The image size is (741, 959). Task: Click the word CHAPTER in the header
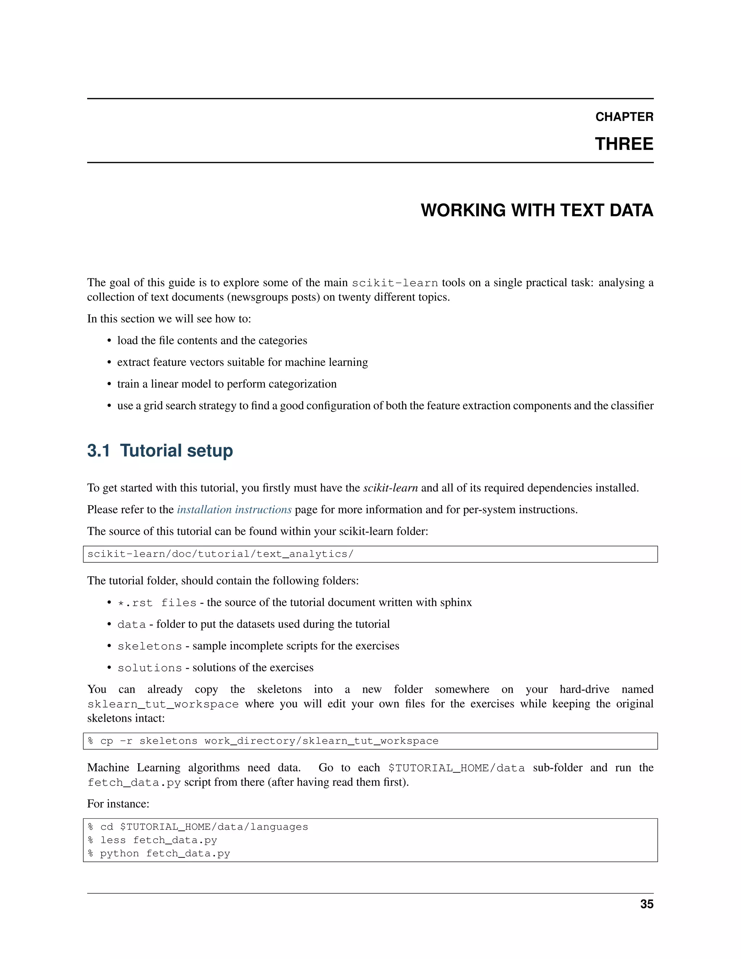(x=624, y=117)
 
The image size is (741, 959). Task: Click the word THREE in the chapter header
(x=624, y=144)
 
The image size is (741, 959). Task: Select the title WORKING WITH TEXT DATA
(x=537, y=210)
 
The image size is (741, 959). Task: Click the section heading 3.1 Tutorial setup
(x=160, y=451)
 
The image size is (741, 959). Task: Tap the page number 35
(x=647, y=904)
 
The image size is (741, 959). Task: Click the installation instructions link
(x=234, y=510)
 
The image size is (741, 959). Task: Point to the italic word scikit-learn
(x=390, y=488)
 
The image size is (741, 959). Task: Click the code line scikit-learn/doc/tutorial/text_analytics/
(x=220, y=554)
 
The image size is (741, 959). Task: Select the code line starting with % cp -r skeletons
(x=263, y=741)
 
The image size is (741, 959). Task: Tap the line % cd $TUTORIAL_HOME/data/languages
(x=198, y=827)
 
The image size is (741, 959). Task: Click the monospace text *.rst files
(x=157, y=603)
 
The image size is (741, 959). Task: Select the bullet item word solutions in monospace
(x=149, y=668)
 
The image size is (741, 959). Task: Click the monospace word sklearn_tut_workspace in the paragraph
(x=163, y=704)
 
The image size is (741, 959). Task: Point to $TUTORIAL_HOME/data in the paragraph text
(x=456, y=768)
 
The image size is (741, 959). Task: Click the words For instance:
(x=118, y=804)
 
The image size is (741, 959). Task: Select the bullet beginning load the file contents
(x=212, y=341)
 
